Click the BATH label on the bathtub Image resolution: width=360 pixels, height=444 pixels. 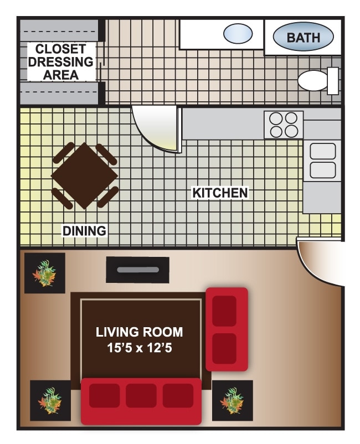304,38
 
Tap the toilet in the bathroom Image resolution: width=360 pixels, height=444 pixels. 318,81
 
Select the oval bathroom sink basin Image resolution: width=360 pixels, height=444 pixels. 238,34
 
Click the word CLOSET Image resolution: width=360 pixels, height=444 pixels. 60,49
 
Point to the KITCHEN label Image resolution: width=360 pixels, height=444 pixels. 220,193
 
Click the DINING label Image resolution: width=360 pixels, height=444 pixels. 84,231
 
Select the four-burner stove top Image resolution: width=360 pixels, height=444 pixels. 284,125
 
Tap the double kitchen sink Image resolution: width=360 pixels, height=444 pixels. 322,161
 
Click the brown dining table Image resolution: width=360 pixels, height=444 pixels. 84,175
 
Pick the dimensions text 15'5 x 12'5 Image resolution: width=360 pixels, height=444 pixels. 140,348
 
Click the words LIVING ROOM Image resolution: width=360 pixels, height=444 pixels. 140,332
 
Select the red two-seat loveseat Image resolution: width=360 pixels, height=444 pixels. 227,329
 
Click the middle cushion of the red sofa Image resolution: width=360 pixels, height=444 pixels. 141,396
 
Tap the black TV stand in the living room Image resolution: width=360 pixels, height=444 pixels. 138,270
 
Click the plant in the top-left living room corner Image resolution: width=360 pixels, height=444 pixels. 45,273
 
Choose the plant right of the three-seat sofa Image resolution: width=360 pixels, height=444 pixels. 233,400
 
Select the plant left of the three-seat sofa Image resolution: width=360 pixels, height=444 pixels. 50,400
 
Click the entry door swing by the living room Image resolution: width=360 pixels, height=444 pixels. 320,262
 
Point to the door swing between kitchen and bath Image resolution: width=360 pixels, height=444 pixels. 157,130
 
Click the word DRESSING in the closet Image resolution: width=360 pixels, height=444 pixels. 60,62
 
